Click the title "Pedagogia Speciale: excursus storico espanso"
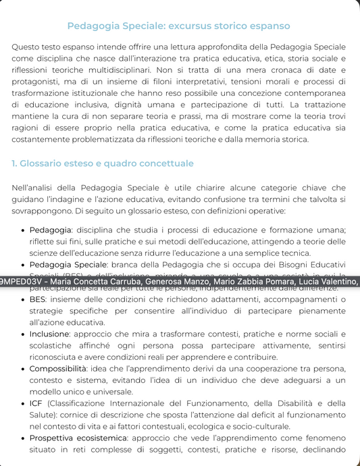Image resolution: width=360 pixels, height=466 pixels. coord(180,26)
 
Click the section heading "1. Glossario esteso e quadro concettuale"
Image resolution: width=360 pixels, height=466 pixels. coord(103,163)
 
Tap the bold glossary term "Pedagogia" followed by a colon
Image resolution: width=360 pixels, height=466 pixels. coord(51,230)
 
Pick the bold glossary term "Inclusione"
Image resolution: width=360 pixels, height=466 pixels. coord(49,334)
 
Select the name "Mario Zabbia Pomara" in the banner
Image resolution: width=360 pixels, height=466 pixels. coord(257,282)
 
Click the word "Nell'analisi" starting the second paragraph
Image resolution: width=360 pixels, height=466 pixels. coord(34,188)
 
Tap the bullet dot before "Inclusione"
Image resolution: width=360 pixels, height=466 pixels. coord(24,334)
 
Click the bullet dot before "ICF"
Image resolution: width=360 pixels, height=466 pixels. coord(24,404)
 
